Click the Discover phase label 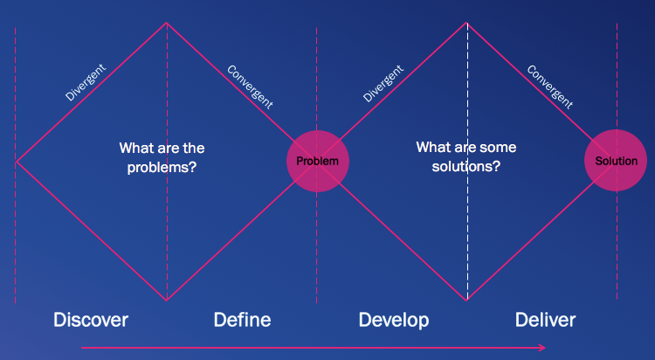91,320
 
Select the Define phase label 242,320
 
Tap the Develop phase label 394,320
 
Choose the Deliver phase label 545,320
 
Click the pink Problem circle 318,162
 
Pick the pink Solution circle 616,162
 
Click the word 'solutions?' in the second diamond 466,166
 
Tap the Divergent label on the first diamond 86,82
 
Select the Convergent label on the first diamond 250,87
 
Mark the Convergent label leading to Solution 549,87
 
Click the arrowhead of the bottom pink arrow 543,347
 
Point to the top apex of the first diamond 167,23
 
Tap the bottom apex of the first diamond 167,301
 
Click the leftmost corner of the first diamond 17,162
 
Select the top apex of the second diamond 467,23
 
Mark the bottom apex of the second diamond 467,301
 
